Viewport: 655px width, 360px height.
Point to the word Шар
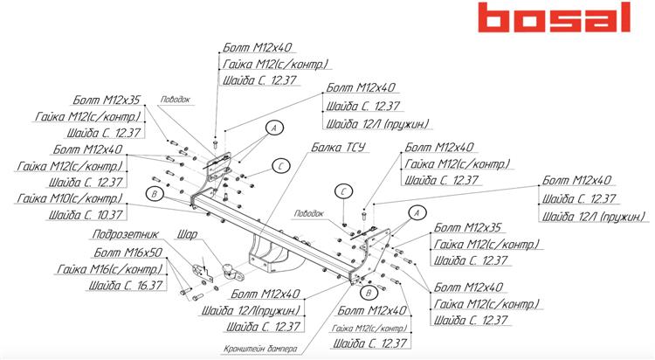tap(188, 234)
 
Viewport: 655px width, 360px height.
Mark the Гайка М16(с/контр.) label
tap(109, 268)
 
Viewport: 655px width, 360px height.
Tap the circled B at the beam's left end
tap(154, 195)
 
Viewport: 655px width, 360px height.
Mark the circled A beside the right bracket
tap(416, 212)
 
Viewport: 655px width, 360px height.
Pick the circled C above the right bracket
tap(345, 191)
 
